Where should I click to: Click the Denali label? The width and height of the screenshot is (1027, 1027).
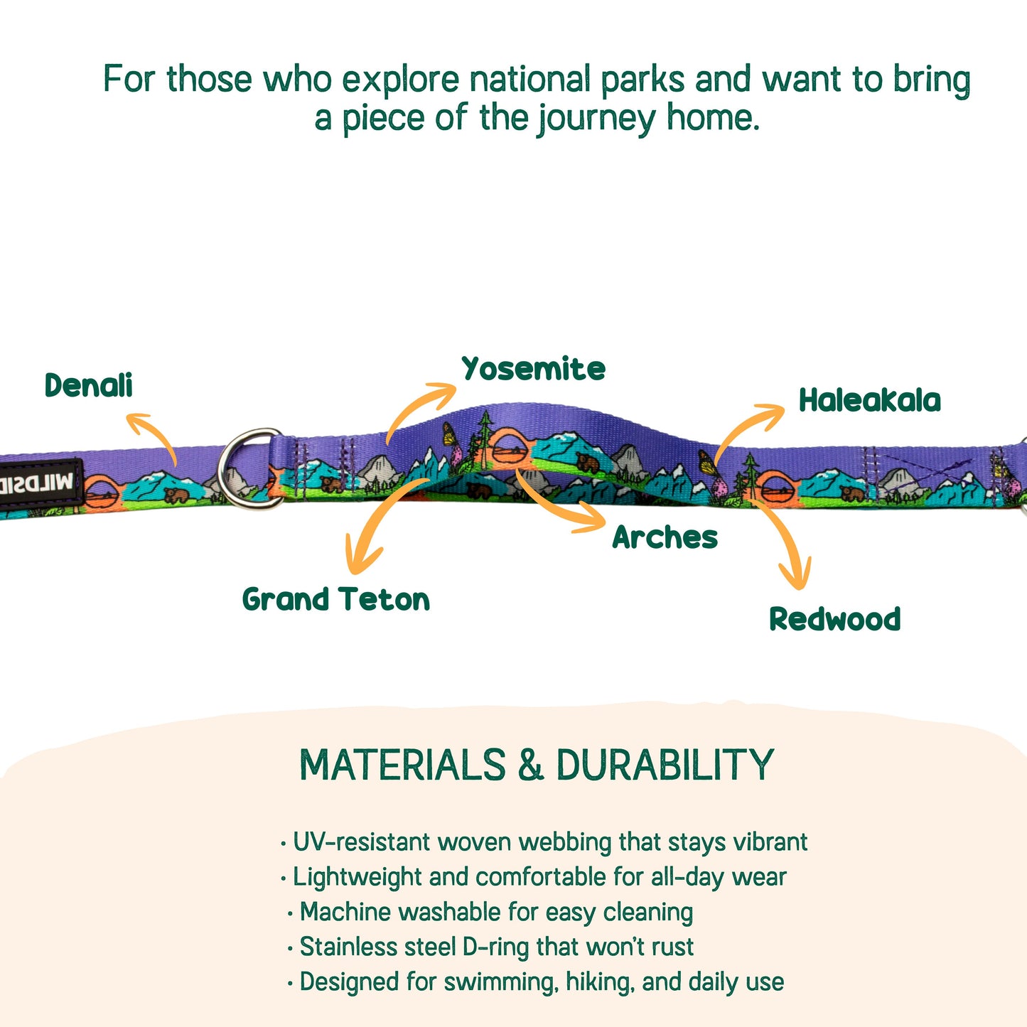pyautogui.click(x=88, y=386)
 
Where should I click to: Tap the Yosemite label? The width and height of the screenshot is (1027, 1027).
pyautogui.click(x=533, y=369)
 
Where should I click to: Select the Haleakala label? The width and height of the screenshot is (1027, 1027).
pyautogui.click(x=869, y=400)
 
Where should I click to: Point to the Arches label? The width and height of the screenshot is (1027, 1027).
pyautogui.click(x=665, y=537)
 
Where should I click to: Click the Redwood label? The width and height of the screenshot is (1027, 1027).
pyautogui.click(x=834, y=619)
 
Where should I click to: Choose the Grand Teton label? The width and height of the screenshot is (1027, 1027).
pyautogui.click(x=335, y=600)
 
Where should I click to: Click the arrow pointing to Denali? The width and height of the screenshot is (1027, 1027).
pyautogui.click(x=154, y=435)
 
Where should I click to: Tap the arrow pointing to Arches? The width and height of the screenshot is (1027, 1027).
pyautogui.click(x=558, y=504)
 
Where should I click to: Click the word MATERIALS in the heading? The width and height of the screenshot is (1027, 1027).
pyautogui.click(x=402, y=765)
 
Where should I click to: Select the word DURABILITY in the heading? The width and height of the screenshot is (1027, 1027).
pyautogui.click(x=665, y=765)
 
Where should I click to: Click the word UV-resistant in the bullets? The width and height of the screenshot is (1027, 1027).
pyautogui.click(x=361, y=842)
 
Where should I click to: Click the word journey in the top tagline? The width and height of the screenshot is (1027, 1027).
pyautogui.click(x=596, y=118)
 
